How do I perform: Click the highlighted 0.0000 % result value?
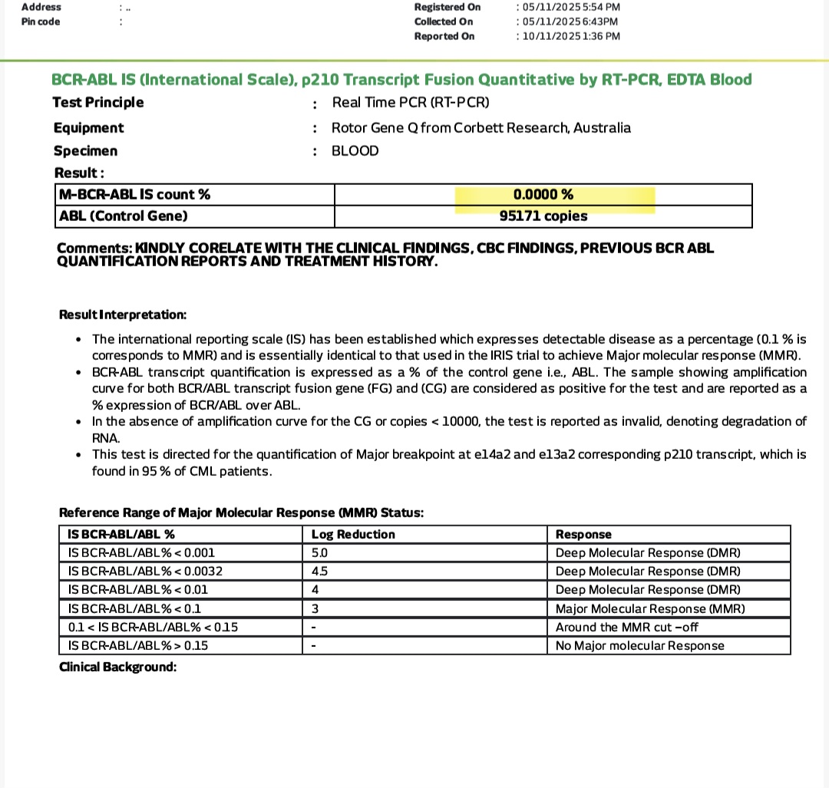click(x=543, y=195)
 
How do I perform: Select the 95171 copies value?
click(x=543, y=216)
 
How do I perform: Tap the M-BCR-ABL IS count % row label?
click(x=134, y=195)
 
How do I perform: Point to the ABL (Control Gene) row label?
click(x=124, y=216)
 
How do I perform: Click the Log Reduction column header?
click(x=353, y=535)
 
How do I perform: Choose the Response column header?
click(x=583, y=535)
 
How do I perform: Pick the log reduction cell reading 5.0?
click(x=320, y=553)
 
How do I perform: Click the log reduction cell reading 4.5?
click(x=320, y=572)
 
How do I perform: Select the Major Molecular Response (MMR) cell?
click(x=650, y=608)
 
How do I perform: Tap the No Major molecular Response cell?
click(x=639, y=645)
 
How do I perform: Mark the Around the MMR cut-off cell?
click(x=627, y=627)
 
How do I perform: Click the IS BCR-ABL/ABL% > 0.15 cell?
click(x=138, y=645)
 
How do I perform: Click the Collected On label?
click(x=444, y=21)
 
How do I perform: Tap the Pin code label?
click(x=41, y=21)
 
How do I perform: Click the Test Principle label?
click(x=98, y=103)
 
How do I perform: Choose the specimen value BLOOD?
click(x=355, y=151)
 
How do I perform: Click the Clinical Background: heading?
click(x=118, y=668)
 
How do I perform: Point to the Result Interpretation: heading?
click(x=123, y=315)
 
